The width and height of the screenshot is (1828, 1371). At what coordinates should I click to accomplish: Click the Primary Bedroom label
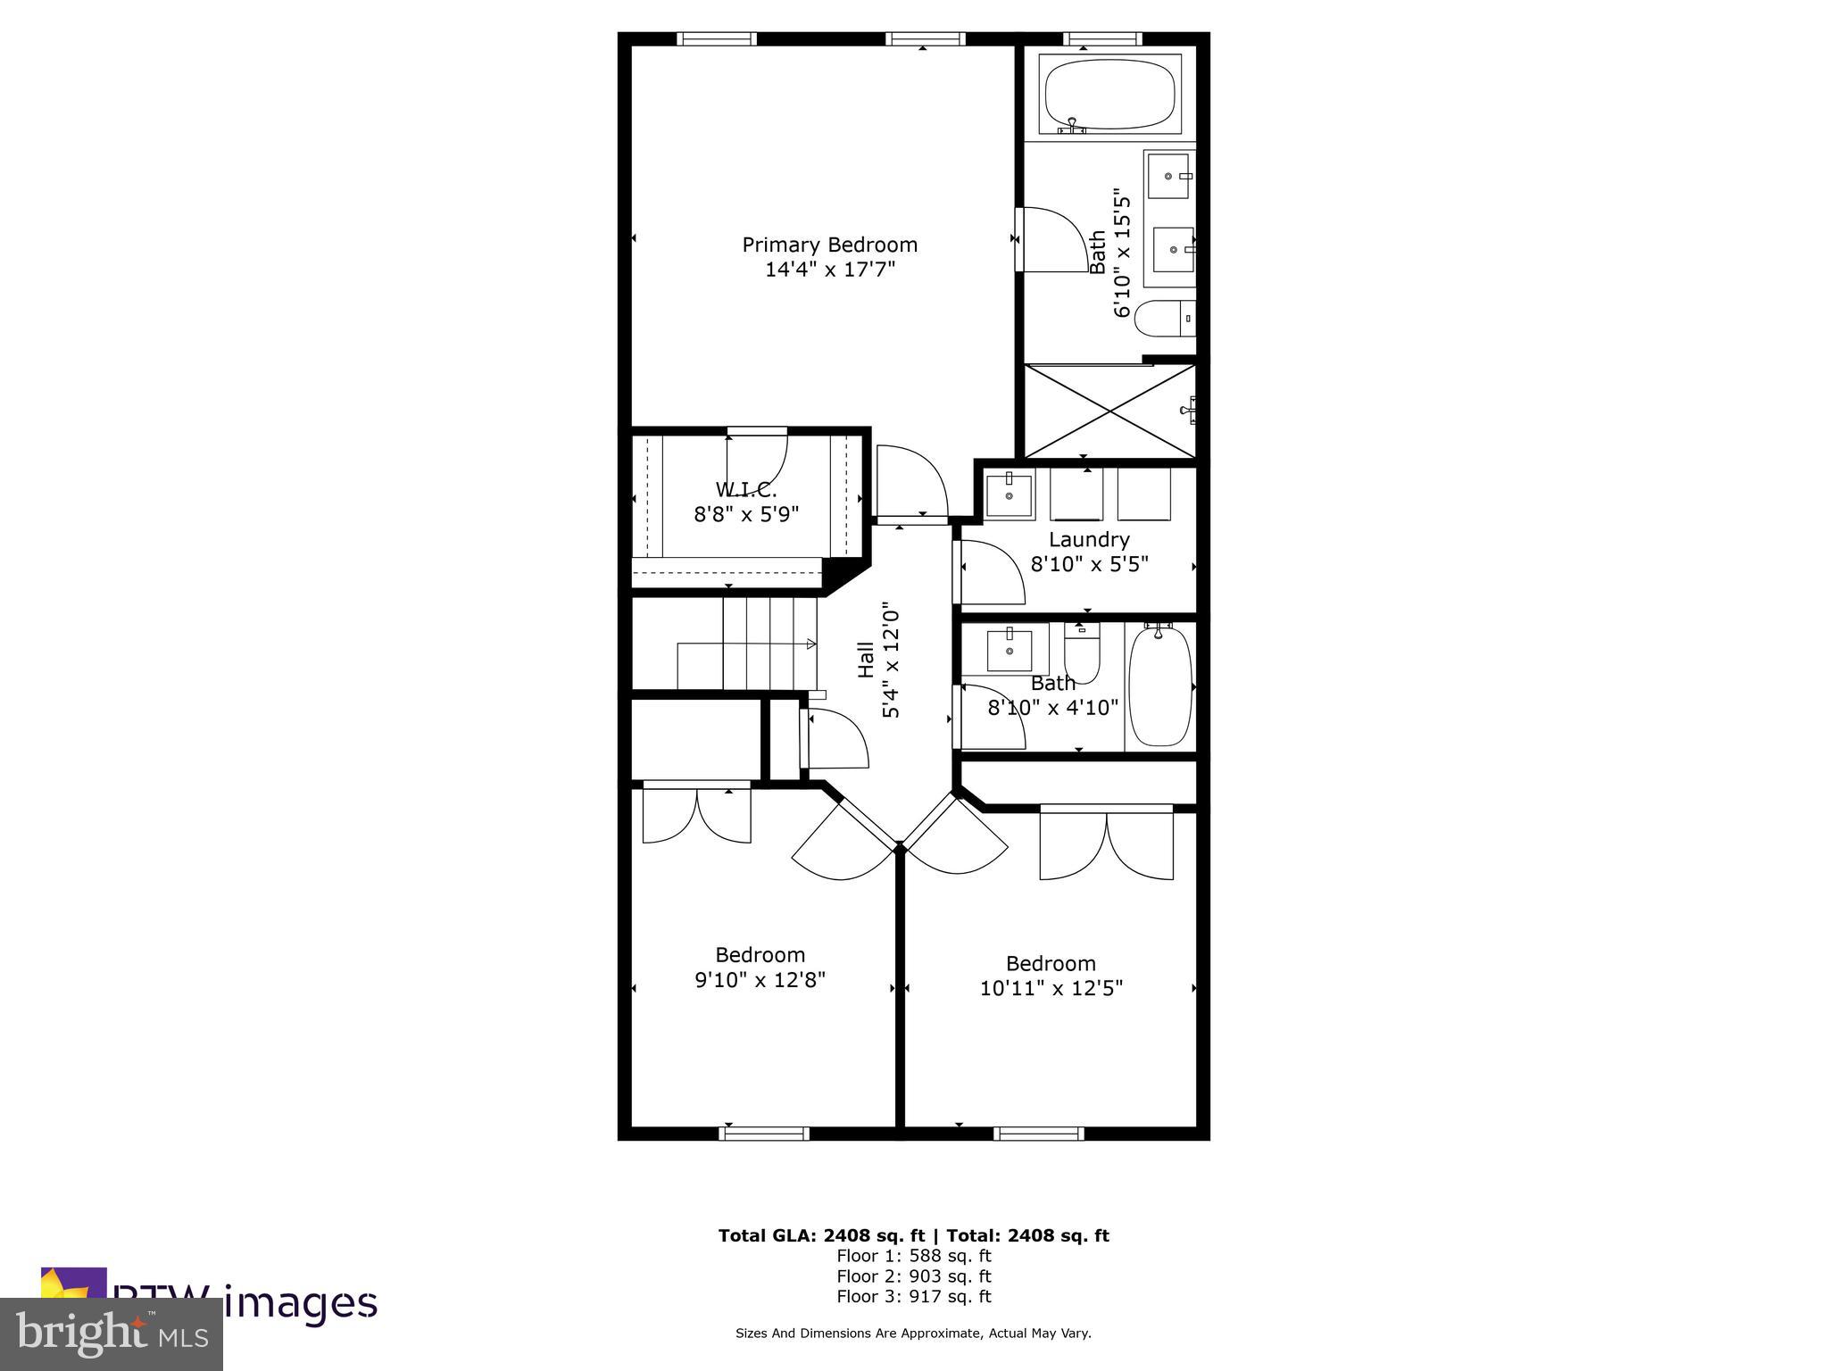tap(829, 245)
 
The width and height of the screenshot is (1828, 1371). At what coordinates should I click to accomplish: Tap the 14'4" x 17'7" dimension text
tap(829, 270)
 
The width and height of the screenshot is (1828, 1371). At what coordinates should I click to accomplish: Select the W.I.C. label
tap(746, 490)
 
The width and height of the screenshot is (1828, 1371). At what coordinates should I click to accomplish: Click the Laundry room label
tap(1089, 540)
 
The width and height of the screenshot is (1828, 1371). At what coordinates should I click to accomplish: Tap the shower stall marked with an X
tap(1109, 411)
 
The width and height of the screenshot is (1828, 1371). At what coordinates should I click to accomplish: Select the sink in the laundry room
tap(1010, 495)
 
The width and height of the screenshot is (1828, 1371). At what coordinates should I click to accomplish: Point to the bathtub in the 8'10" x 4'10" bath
tap(1159, 686)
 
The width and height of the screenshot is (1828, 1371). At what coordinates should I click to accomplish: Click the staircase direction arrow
tap(810, 644)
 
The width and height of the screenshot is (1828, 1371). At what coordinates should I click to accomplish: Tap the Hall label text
tap(866, 661)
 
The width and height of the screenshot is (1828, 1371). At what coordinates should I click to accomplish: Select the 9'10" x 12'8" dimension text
tap(760, 980)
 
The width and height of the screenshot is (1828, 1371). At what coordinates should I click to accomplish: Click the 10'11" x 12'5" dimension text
tap(1051, 988)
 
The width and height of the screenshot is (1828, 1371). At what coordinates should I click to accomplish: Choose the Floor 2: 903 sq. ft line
tap(913, 1276)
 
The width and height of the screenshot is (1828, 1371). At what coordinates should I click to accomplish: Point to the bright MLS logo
tap(112, 1334)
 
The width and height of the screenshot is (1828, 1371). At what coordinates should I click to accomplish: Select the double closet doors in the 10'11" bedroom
tap(1107, 843)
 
